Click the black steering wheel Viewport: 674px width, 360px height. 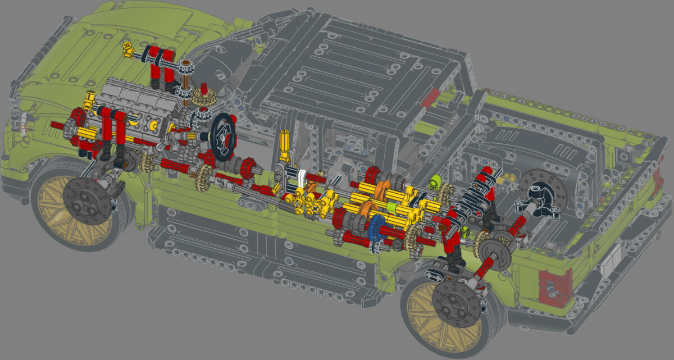(x=224, y=137)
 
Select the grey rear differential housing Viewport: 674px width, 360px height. (x=497, y=253)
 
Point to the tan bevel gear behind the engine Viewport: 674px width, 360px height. (x=202, y=97)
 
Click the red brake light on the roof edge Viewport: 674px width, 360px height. (x=431, y=97)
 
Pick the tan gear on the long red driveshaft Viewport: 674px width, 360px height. (x=203, y=178)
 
